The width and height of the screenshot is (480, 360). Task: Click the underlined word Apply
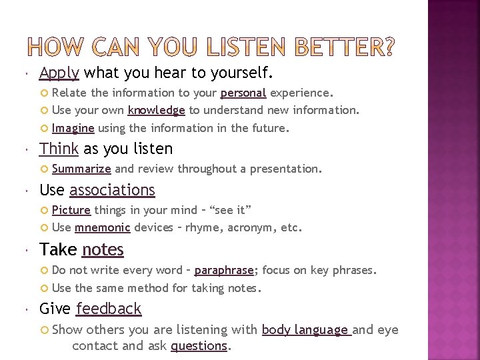point(59,72)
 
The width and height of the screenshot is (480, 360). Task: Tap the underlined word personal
point(243,92)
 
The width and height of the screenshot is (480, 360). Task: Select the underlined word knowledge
point(156,109)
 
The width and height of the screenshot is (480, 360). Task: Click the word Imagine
point(73,127)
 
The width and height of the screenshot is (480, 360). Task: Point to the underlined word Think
point(59,149)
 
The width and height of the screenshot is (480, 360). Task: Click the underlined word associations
point(112,190)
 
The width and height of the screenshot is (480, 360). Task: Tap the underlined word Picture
point(71,210)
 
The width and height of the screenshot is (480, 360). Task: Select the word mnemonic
point(103,227)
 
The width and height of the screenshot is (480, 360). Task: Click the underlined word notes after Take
point(103,249)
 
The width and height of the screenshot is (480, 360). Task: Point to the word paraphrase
point(224,270)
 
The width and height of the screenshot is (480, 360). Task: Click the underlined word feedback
point(109,309)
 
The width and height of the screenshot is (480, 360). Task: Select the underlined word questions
point(199,345)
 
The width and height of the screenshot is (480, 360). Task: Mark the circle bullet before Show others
point(46,329)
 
